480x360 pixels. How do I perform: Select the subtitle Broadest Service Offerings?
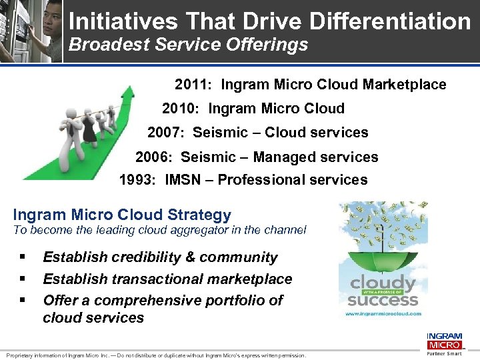[189, 45]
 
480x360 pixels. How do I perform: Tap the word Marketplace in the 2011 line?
[404, 85]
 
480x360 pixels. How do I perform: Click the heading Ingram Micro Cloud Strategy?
[122, 215]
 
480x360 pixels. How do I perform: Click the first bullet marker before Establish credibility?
[23, 257]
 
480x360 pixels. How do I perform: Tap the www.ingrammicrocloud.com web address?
[383, 313]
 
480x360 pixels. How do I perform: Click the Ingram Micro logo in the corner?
[443, 341]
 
